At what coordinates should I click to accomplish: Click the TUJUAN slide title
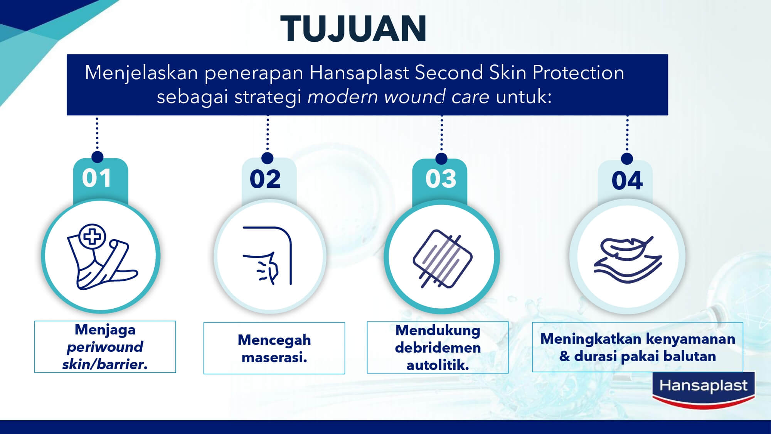pyautogui.click(x=353, y=29)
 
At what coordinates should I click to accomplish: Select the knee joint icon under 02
pyautogui.click(x=267, y=256)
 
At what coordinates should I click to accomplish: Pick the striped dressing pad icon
pyautogui.click(x=443, y=258)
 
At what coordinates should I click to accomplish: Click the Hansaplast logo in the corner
pyautogui.click(x=703, y=390)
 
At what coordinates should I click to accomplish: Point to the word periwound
pyautogui.click(x=105, y=347)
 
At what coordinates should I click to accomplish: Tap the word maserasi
pyautogui.click(x=274, y=357)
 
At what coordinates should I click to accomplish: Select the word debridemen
pyautogui.click(x=438, y=348)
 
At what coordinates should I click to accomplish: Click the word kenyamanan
pyautogui.click(x=690, y=339)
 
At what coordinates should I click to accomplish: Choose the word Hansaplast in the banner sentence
pyautogui.click(x=359, y=73)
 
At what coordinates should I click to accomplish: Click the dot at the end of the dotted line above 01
pyautogui.click(x=98, y=157)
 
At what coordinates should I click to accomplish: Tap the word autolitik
pyautogui.click(x=438, y=365)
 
